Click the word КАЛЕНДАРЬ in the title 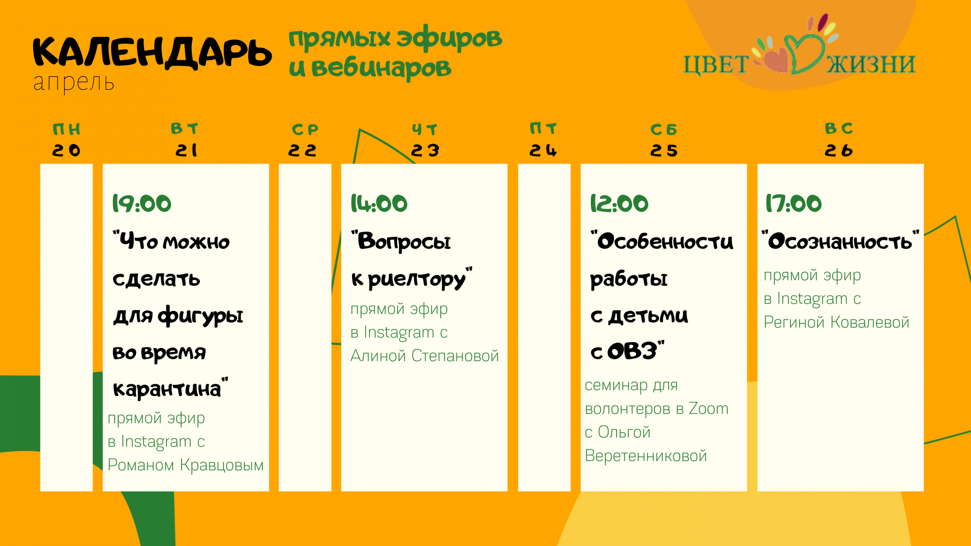(x=152, y=52)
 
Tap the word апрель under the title (x=74, y=83)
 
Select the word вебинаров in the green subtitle (x=382, y=67)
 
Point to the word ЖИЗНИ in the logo (x=871, y=64)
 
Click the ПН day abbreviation (x=67, y=130)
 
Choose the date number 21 (x=187, y=150)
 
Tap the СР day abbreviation (x=305, y=130)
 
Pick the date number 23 (x=425, y=150)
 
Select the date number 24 (x=543, y=150)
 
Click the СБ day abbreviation (x=664, y=130)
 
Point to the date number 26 (x=838, y=150)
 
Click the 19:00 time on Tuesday (x=142, y=203)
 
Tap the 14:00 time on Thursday (x=379, y=203)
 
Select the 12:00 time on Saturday (x=619, y=203)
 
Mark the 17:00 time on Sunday (x=794, y=203)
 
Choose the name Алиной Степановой (x=425, y=356)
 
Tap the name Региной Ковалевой (x=837, y=322)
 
